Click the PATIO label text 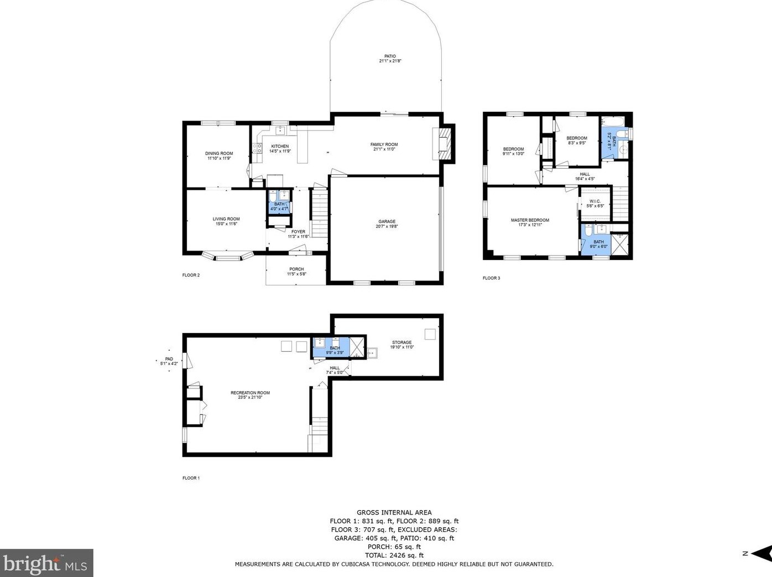pyautogui.click(x=390, y=56)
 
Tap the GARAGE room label pyautogui.click(x=387, y=222)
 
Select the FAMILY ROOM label pyautogui.click(x=384, y=145)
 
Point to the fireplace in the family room pyautogui.click(x=444, y=143)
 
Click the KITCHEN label pyautogui.click(x=280, y=147)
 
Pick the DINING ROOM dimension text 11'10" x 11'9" pyautogui.click(x=219, y=158)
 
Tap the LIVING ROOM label pyautogui.click(x=226, y=219)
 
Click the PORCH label pyautogui.click(x=296, y=269)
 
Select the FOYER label pyautogui.click(x=298, y=232)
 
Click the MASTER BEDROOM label pyautogui.click(x=530, y=220)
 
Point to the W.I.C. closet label pyautogui.click(x=595, y=201)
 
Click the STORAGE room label pyautogui.click(x=402, y=342)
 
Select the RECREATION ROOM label pyautogui.click(x=251, y=393)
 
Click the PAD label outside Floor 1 pyautogui.click(x=169, y=359)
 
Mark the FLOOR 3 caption pyautogui.click(x=491, y=278)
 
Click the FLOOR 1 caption pyautogui.click(x=191, y=478)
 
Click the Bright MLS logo pyautogui.click(x=46, y=563)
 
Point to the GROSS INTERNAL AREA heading pyautogui.click(x=394, y=513)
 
